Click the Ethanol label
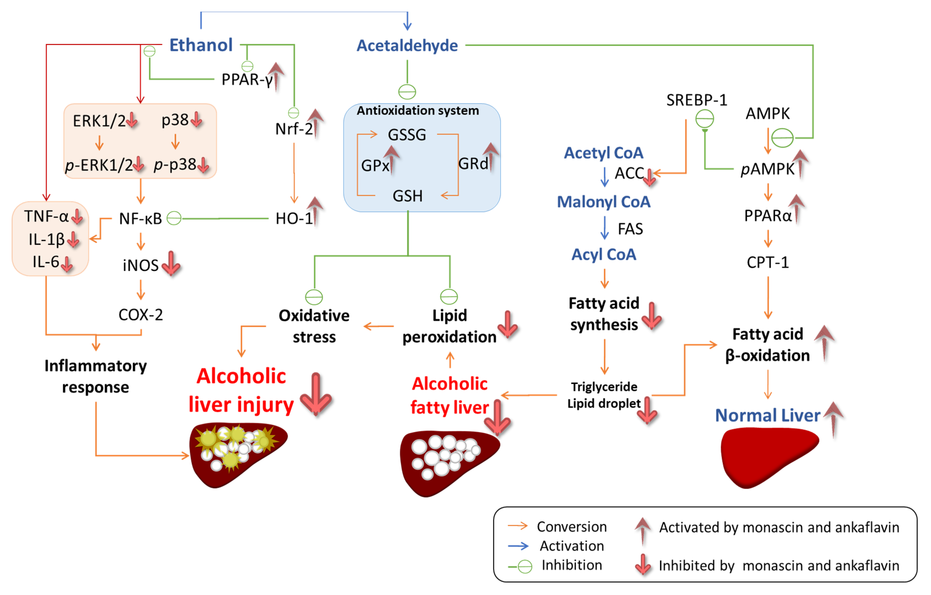click(201, 45)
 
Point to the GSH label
click(408, 196)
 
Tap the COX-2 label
click(140, 315)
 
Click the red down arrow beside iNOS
click(171, 264)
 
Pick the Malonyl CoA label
click(603, 202)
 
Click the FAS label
click(630, 229)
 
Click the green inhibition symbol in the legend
click(524, 566)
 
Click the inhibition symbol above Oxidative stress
click(314, 297)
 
